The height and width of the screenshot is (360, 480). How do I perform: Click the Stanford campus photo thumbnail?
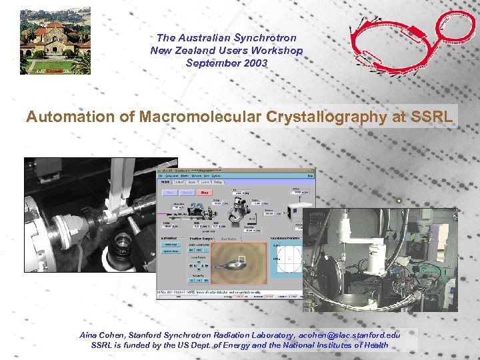pos(55,41)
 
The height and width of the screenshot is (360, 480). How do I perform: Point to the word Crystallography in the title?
pos(316,117)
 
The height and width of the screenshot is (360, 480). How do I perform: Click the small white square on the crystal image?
pos(243,260)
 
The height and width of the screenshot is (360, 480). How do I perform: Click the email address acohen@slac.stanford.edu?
pos(349,335)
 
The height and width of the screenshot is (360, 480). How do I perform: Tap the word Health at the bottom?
pos(373,345)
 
